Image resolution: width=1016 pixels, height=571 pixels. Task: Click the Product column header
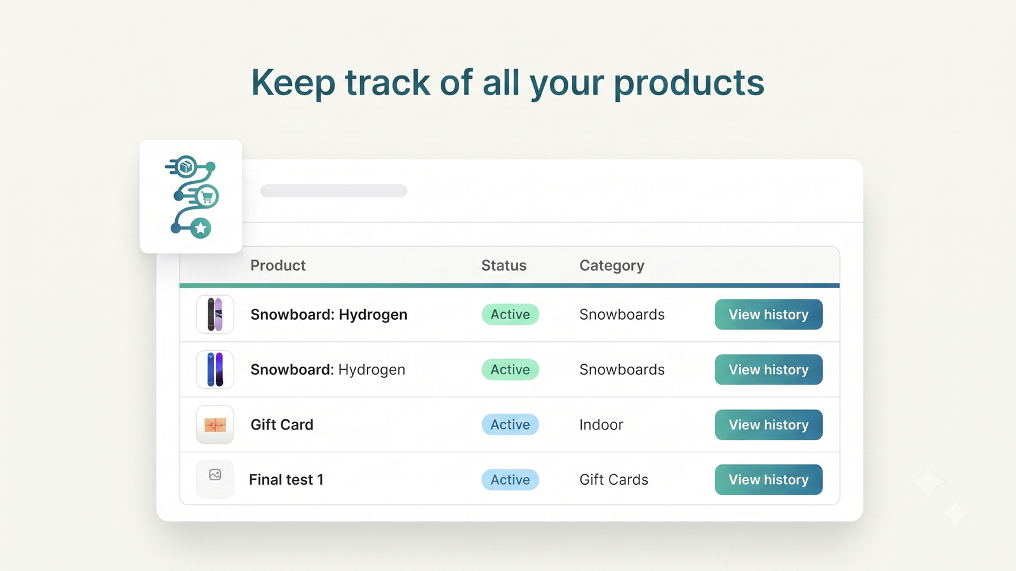tap(277, 265)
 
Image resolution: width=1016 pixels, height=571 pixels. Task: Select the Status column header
tap(504, 265)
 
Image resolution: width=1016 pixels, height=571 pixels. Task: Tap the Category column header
tap(612, 266)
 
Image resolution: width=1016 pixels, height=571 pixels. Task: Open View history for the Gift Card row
tap(768, 424)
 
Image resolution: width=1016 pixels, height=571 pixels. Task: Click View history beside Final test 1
tap(768, 480)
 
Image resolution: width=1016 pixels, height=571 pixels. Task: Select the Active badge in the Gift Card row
tap(511, 424)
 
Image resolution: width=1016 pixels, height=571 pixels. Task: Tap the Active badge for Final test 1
tap(511, 480)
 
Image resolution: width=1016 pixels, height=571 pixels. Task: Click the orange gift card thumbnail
tap(215, 424)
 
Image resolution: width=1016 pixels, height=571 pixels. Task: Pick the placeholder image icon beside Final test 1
tap(215, 475)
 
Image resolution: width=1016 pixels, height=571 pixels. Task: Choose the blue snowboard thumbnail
tap(215, 369)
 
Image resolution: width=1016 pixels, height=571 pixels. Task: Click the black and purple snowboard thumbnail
tap(215, 314)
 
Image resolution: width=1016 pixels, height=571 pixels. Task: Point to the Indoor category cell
tap(601, 424)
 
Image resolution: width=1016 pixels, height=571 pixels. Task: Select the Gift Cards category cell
tap(613, 480)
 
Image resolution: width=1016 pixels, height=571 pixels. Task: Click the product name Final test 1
tap(286, 480)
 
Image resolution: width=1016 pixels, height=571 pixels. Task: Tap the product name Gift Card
tap(282, 424)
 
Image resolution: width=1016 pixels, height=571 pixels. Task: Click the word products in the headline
tap(689, 83)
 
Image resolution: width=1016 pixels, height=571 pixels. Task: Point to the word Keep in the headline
tap(293, 83)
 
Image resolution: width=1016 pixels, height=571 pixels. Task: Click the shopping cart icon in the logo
tap(207, 197)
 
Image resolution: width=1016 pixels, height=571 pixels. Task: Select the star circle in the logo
tap(201, 228)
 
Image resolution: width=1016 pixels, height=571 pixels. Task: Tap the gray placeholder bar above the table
tap(334, 191)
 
